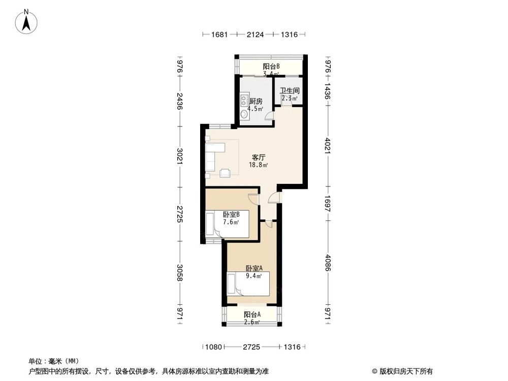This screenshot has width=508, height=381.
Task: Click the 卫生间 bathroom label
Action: coord(290,90)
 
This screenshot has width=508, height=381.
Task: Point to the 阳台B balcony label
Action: coord(271,67)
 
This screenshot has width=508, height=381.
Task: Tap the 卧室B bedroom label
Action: coord(231,214)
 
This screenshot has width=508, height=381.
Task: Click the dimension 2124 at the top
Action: coord(255,35)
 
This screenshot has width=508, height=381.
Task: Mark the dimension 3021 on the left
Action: coord(179,155)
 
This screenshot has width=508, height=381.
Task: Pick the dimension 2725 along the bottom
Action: coord(251,347)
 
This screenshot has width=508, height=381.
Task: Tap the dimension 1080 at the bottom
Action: coord(213,347)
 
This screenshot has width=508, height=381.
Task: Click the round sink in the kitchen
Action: coord(244,115)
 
